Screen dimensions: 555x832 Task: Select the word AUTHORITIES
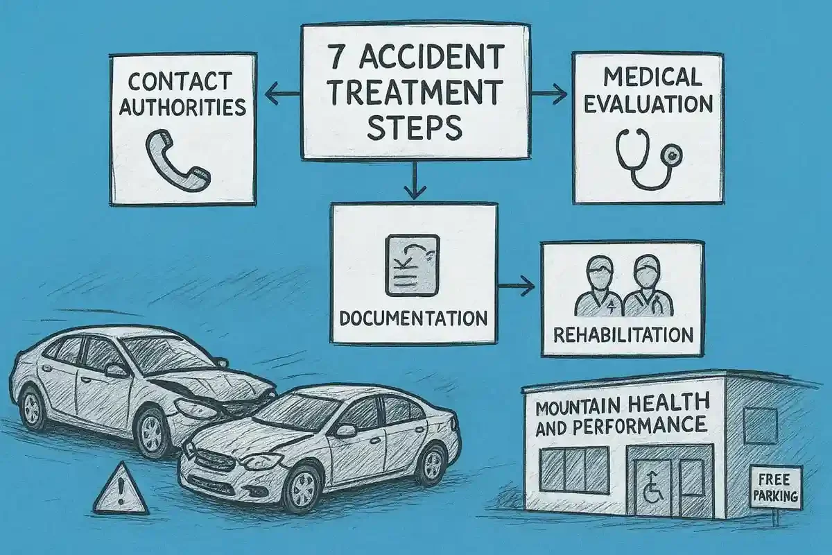click(x=182, y=107)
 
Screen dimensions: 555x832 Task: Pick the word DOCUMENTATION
click(x=414, y=319)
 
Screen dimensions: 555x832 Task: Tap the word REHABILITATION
click(x=623, y=335)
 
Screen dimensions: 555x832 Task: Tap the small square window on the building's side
click(x=761, y=425)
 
